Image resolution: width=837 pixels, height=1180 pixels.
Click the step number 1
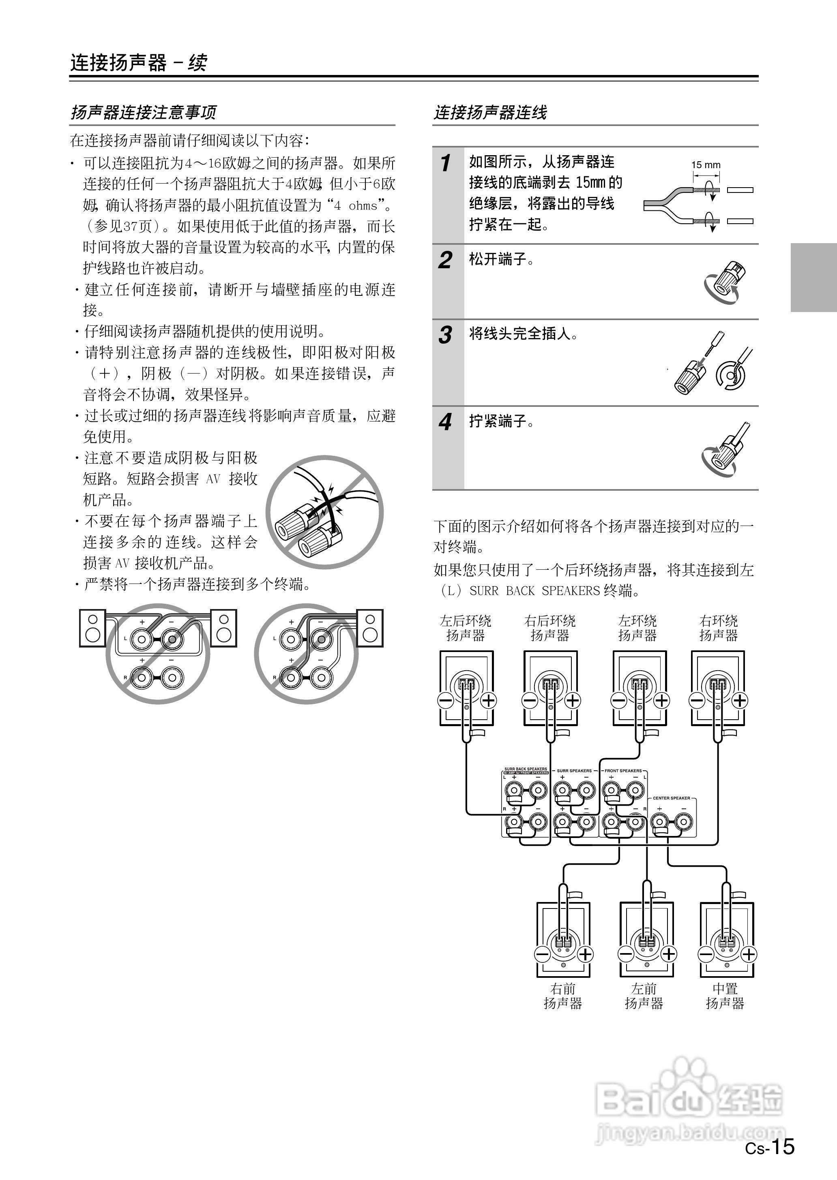(446, 163)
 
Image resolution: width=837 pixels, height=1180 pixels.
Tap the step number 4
(445, 422)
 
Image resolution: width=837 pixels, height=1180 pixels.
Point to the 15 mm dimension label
(706, 165)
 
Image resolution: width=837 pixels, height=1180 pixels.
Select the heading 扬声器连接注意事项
(143, 112)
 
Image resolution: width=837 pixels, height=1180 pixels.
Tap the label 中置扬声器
(725, 996)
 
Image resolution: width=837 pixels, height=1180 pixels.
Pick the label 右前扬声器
(563, 996)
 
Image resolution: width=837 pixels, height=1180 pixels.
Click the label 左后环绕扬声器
(466, 628)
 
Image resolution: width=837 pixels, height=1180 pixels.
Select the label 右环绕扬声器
(719, 628)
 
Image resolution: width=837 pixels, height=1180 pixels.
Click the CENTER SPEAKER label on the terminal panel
(671, 798)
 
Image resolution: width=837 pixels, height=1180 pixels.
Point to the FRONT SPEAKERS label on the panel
(623, 771)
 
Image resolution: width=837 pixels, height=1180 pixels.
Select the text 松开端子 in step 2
(501, 259)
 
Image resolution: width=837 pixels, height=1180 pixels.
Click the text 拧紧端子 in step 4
(501, 421)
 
